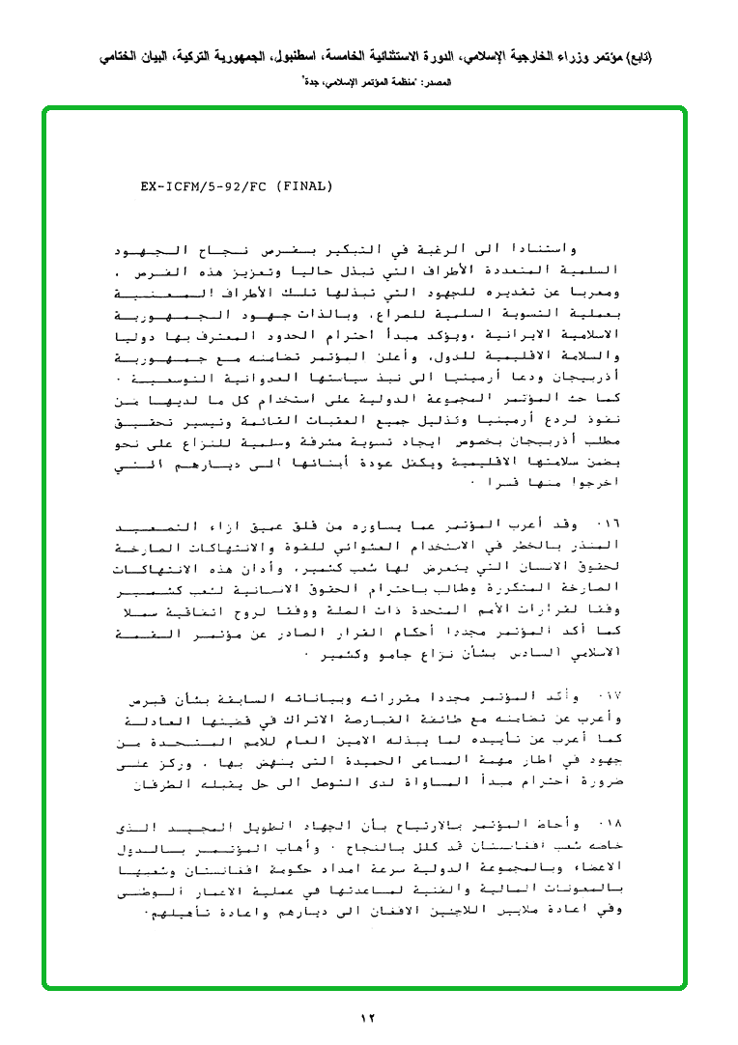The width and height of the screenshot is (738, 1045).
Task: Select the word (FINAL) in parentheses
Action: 305,185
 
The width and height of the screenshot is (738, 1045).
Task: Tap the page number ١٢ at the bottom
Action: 368,1017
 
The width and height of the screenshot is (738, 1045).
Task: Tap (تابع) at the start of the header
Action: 637,58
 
